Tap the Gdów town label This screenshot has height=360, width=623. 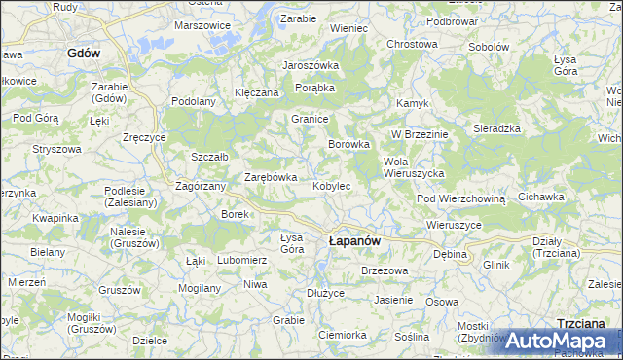85,54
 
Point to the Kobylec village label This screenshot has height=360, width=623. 331,185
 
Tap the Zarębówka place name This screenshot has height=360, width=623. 270,177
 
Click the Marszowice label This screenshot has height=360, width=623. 202,24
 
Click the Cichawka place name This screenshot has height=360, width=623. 541,197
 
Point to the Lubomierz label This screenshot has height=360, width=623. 241,260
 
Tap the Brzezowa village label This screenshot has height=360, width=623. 383,270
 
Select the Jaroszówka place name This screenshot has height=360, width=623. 310,65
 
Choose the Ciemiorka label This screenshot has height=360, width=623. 342,334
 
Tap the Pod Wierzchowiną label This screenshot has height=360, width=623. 461,198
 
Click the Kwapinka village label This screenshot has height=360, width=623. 55,218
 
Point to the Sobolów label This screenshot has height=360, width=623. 489,47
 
